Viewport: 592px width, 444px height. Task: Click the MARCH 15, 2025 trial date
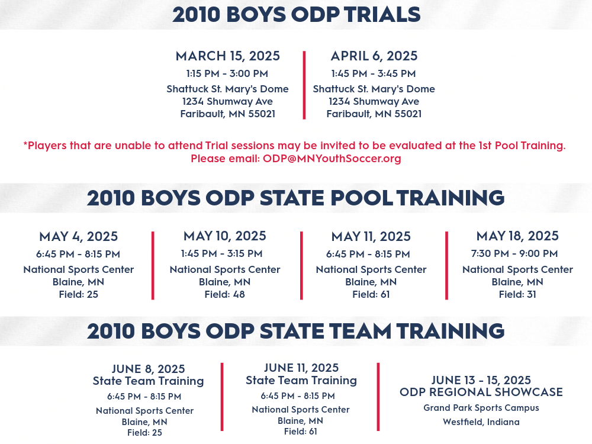click(228, 56)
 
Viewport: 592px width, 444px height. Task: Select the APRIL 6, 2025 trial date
click(374, 56)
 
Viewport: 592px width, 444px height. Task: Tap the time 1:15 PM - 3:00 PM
click(227, 73)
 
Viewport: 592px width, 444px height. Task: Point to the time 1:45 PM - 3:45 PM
click(374, 73)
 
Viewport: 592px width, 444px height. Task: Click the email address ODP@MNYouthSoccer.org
click(332, 159)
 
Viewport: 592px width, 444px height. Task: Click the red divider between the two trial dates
click(304, 85)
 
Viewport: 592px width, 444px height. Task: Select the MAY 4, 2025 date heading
click(79, 237)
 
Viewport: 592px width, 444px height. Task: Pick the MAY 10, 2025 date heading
click(225, 236)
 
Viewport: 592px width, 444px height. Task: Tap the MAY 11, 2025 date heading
click(371, 237)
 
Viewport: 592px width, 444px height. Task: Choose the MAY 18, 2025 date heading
click(517, 236)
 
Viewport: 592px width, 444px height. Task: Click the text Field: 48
click(224, 294)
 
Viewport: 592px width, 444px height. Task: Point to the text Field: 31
click(517, 294)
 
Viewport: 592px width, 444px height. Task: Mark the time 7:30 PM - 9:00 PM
click(514, 253)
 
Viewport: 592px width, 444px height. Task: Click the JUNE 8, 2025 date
click(149, 369)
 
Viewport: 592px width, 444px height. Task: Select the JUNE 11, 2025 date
click(301, 368)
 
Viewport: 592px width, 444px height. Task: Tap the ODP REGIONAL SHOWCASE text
click(481, 392)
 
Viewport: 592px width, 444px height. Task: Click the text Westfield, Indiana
click(481, 422)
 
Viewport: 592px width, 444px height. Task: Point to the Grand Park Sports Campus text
click(481, 408)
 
